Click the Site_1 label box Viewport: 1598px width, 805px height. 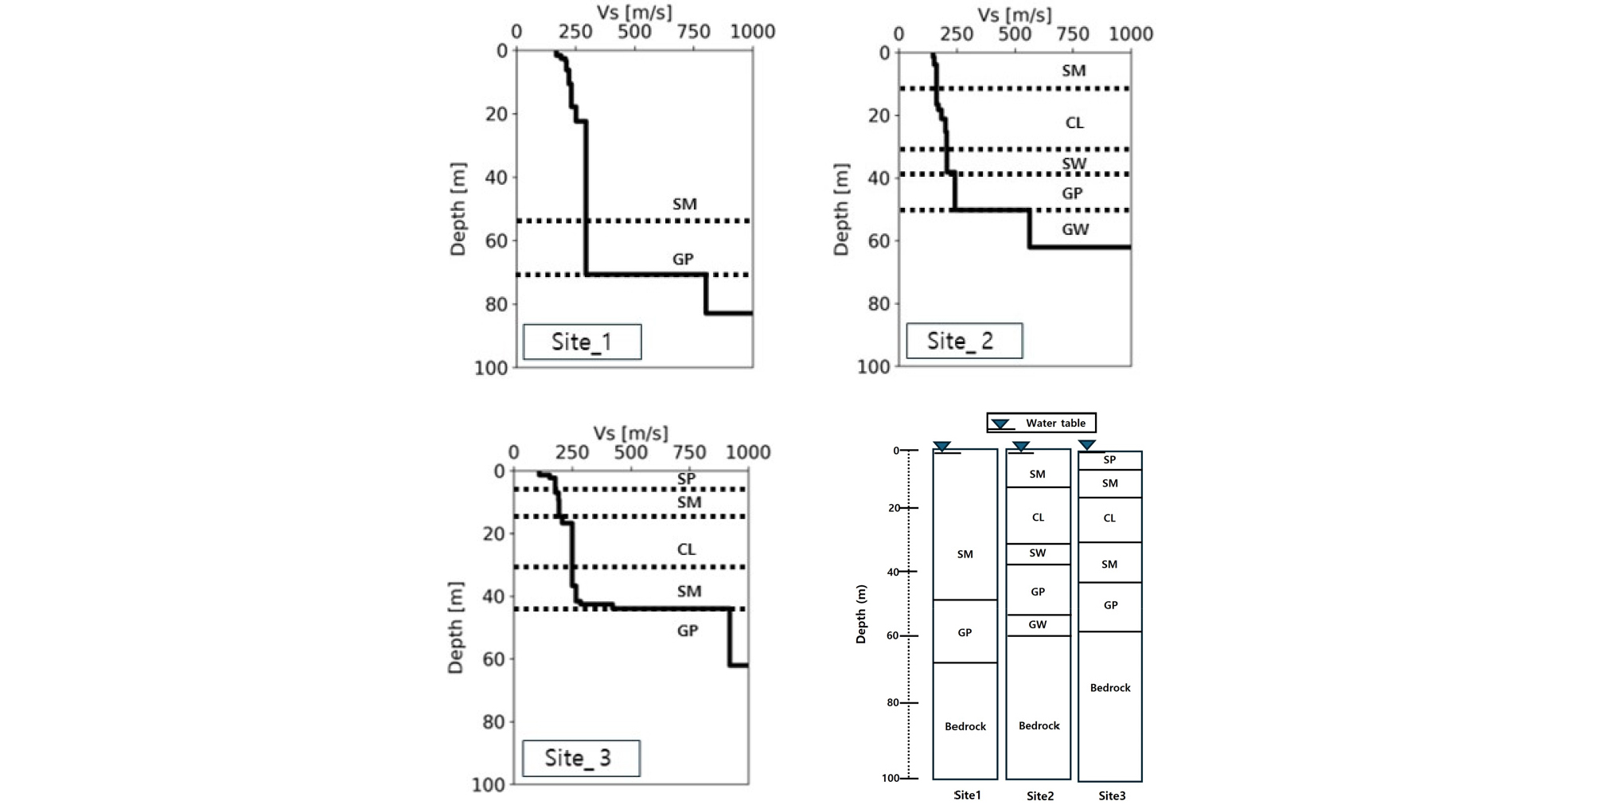[x=582, y=342]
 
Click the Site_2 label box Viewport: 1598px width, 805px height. [x=964, y=341]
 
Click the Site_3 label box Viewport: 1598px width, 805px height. [x=581, y=758]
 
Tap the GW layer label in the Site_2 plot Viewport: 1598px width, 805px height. [x=1075, y=229]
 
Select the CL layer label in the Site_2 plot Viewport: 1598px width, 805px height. [x=1074, y=123]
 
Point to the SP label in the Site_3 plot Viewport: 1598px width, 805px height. [x=686, y=479]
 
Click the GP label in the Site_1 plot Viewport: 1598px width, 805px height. [x=683, y=259]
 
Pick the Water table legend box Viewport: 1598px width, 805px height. [x=1041, y=423]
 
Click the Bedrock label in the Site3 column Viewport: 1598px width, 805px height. [x=1110, y=688]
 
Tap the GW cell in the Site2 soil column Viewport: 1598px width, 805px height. [x=1038, y=625]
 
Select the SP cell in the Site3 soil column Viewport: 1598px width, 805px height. [x=1110, y=460]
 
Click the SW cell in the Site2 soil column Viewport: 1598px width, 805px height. [x=1038, y=553]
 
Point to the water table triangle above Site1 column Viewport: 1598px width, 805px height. [x=942, y=447]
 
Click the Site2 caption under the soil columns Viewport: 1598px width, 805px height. [x=1040, y=796]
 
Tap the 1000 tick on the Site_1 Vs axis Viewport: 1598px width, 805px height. [x=752, y=32]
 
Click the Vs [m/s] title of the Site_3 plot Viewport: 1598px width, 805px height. [x=630, y=433]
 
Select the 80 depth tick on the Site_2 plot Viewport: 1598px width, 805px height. [x=878, y=303]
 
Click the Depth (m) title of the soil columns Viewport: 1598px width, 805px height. [x=861, y=614]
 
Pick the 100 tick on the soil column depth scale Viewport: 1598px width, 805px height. [x=891, y=778]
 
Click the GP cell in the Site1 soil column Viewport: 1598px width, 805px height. [x=965, y=633]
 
